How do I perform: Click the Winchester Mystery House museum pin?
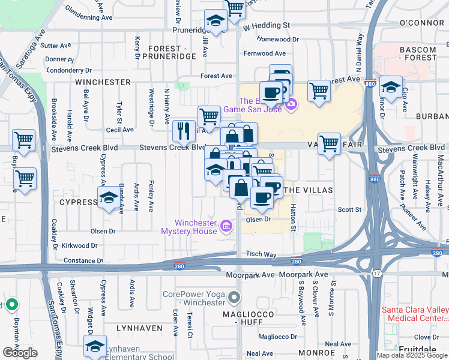coord(226,226)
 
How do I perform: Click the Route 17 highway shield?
coord(376,274)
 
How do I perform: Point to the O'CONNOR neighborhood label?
coord(421,22)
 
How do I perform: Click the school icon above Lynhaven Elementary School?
coord(95,347)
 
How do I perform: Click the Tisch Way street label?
coord(261,254)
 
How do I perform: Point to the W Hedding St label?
coord(266,26)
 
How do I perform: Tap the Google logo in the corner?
coord(20,353)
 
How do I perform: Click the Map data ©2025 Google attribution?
coord(412,355)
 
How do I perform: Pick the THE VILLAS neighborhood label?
coord(307,190)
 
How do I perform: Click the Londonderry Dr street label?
coord(71,70)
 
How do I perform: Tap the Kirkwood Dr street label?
coord(78,245)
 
